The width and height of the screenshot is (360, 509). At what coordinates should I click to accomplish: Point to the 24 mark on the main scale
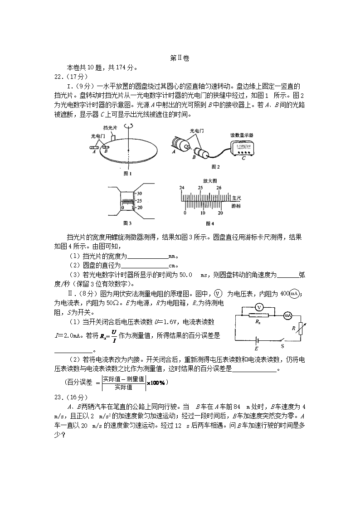[x=181, y=188]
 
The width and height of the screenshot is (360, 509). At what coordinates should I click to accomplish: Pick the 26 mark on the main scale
[x=219, y=188]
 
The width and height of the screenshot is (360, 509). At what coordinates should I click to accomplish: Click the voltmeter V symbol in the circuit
[x=258, y=307]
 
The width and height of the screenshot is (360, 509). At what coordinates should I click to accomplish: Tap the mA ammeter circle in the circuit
[x=287, y=315]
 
